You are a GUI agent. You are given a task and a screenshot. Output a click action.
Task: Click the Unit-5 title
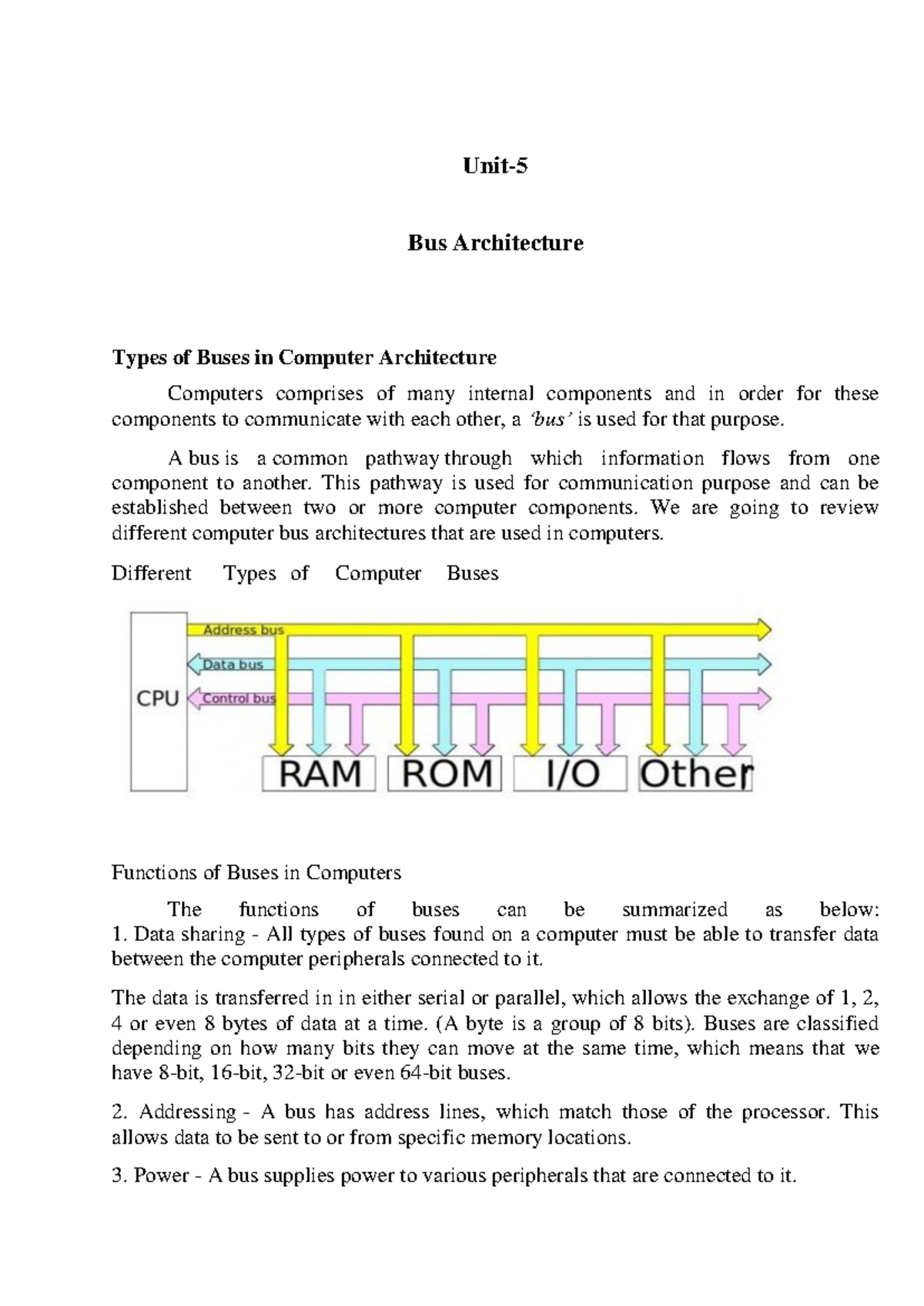(495, 166)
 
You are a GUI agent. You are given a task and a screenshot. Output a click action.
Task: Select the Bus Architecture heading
(495, 243)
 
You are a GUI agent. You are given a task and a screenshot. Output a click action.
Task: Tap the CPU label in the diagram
(158, 699)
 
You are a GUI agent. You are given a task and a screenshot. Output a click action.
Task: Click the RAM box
(319, 774)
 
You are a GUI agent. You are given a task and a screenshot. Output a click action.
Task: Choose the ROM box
(444, 774)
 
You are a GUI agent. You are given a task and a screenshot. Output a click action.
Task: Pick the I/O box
(570, 774)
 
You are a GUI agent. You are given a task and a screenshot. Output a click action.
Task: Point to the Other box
(695, 774)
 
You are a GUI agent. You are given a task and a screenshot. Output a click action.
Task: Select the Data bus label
(233, 665)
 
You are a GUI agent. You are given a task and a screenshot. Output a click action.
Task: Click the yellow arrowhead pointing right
(762, 630)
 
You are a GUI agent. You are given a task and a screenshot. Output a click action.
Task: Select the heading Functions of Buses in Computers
(256, 872)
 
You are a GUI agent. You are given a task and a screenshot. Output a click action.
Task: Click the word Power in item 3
(161, 1176)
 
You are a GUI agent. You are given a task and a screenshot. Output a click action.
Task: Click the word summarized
(674, 909)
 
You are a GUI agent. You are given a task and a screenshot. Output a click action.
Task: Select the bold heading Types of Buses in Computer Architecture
(304, 357)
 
